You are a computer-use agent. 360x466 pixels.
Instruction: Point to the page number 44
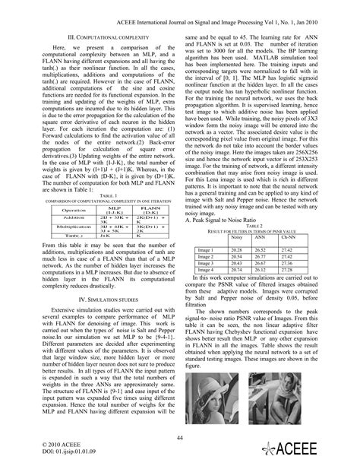coord(180,436)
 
